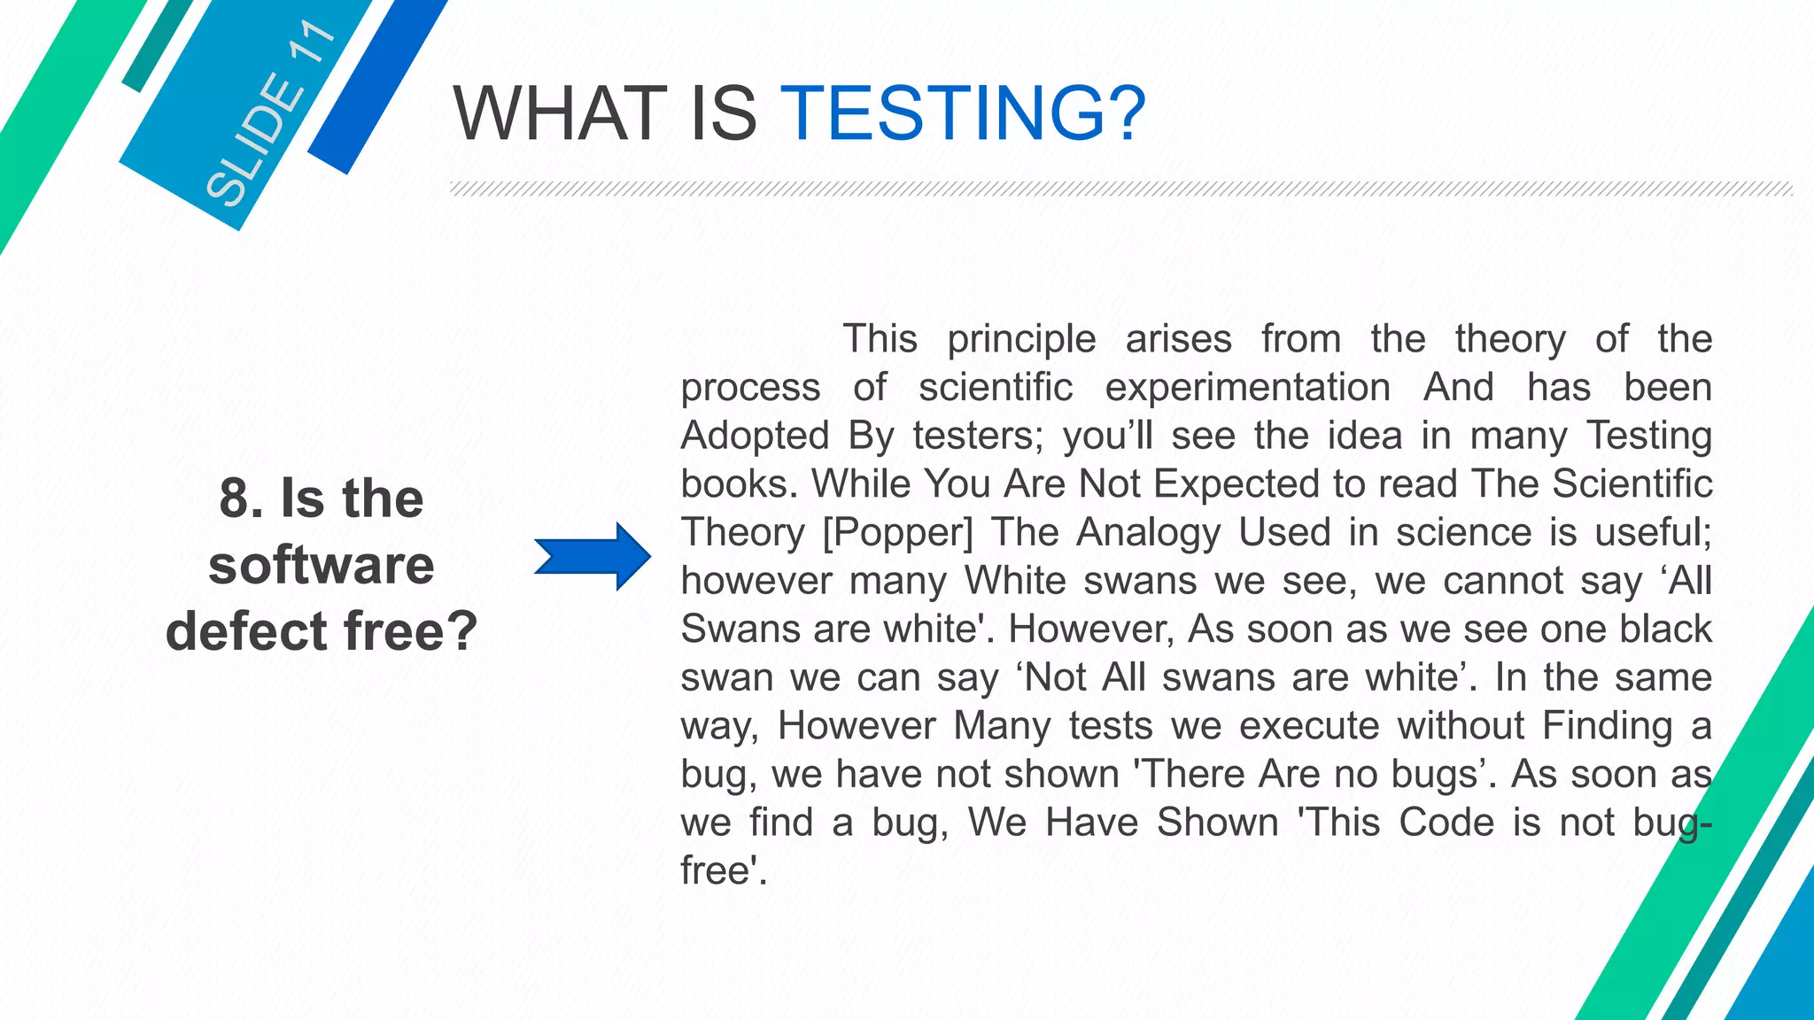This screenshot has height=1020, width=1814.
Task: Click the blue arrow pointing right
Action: (593, 557)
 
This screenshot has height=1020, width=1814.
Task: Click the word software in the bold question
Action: (322, 565)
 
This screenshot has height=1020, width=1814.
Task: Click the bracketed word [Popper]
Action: (897, 533)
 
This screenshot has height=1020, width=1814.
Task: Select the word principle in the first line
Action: (1021, 339)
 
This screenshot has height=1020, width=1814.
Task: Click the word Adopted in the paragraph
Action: (755, 436)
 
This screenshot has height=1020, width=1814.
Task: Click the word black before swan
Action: (1665, 630)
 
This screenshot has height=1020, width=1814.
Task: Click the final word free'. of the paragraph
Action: (723, 871)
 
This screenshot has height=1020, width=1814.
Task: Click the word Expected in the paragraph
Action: (1230, 484)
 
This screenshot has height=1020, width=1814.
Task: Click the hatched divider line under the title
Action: (1120, 189)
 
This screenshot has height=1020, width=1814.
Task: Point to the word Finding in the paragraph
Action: (1607, 726)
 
